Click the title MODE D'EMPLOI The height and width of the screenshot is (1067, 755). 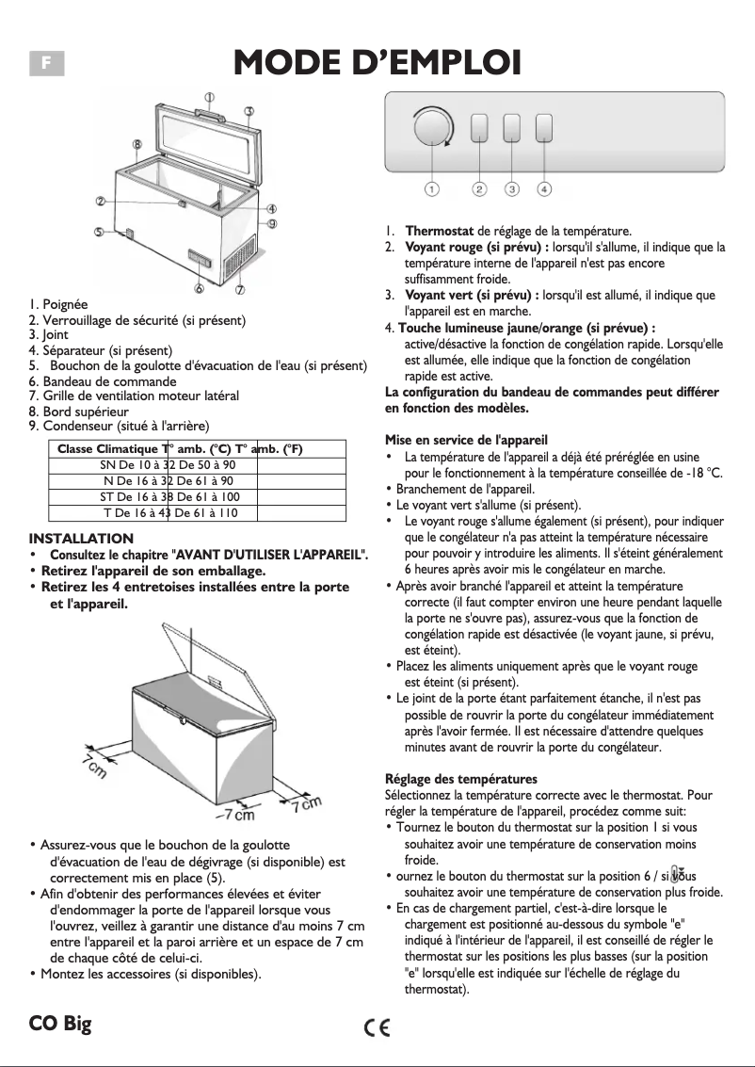[377, 62]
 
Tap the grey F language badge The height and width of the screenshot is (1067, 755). [45, 62]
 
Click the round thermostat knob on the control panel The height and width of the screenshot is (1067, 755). [431, 128]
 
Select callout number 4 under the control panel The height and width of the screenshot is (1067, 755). [544, 189]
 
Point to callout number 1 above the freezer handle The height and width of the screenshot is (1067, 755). [209, 96]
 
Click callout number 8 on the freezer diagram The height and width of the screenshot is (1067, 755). [137, 144]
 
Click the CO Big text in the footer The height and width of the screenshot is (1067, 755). [60, 1024]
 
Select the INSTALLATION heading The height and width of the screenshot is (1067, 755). [82, 539]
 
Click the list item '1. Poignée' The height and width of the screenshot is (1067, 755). [58, 305]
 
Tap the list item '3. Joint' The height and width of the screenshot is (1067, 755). [49, 334]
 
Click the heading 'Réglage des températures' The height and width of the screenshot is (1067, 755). [461, 779]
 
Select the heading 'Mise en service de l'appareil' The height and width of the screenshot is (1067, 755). [466, 440]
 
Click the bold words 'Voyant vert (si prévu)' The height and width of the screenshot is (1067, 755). [471, 296]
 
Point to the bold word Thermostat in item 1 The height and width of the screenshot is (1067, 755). [439, 231]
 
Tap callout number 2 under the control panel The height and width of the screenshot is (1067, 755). [479, 189]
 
